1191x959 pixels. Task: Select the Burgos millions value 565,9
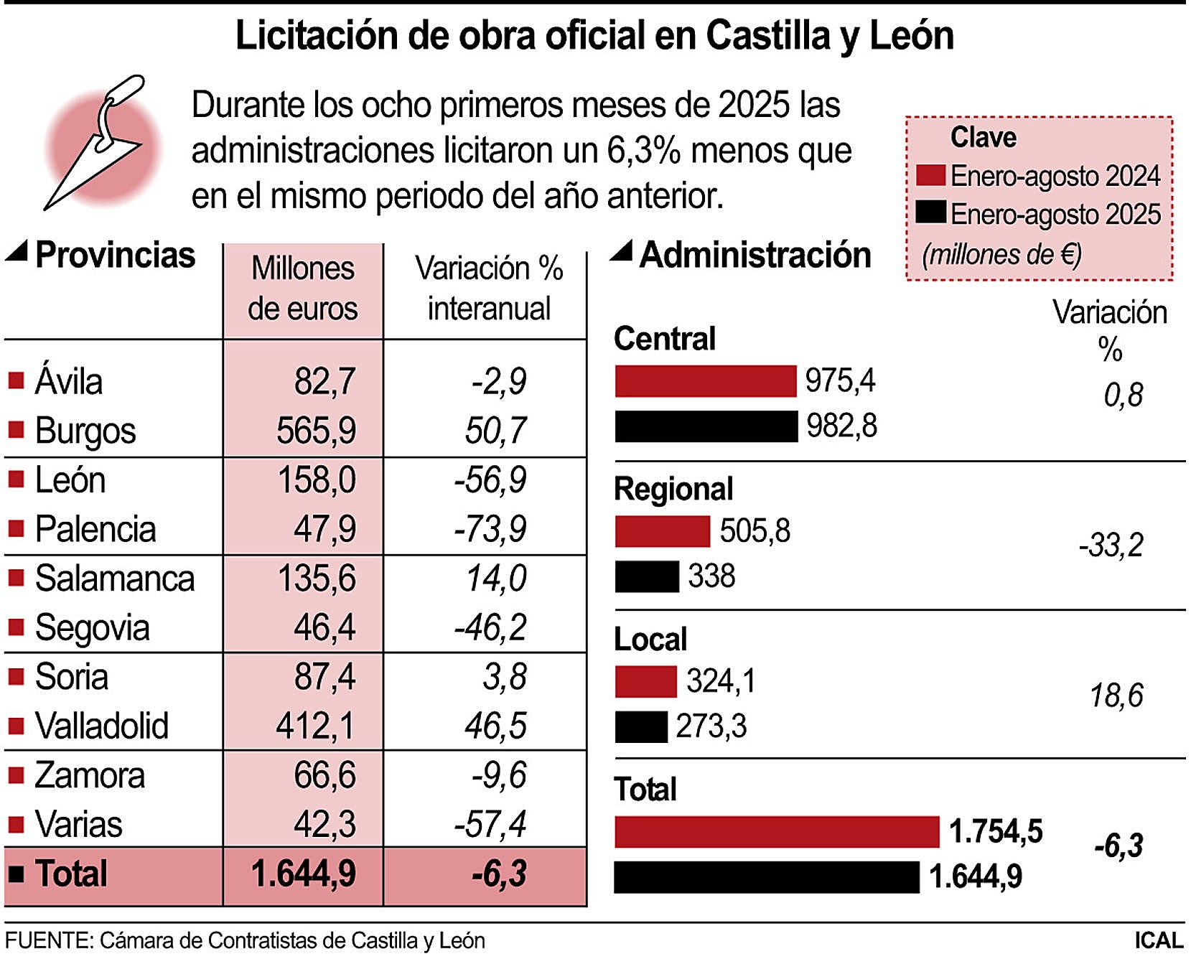tap(316, 431)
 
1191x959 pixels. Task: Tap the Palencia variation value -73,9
tap(490, 530)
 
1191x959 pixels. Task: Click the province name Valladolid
tap(102, 726)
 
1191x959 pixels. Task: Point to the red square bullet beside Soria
tap(16, 676)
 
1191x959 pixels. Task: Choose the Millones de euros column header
tap(302, 289)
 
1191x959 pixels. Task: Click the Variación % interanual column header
tap(489, 289)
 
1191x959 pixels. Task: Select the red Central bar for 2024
tap(706, 381)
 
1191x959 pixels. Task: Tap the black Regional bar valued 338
tap(647, 576)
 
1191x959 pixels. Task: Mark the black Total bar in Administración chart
tap(767, 877)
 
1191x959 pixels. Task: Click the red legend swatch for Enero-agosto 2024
tap(930, 176)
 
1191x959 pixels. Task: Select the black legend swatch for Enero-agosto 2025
tap(930, 213)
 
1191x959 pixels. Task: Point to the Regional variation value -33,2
tap(1111, 546)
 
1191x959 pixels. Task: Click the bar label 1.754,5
tap(996, 831)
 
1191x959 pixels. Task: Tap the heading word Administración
tap(755, 256)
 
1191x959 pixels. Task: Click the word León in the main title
tap(911, 36)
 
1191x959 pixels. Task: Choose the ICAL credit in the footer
tap(1158, 940)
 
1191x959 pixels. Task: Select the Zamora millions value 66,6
tap(324, 776)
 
